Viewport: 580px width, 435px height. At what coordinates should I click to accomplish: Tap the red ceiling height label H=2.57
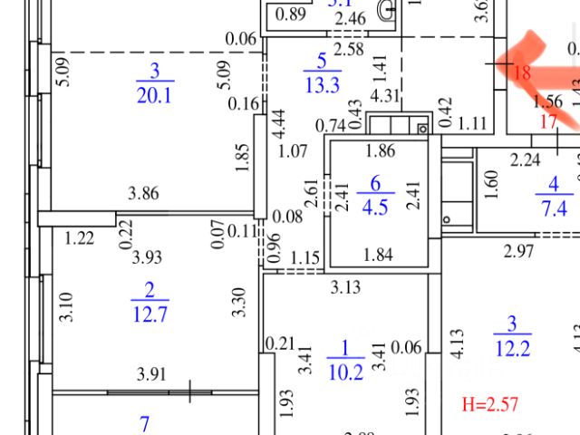click(490, 400)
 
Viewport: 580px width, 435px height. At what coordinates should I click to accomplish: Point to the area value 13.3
click(322, 84)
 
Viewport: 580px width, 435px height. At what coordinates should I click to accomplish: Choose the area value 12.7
click(143, 315)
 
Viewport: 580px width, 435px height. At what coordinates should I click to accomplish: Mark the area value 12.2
click(511, 349)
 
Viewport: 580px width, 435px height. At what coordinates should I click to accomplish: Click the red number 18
click(521, 74)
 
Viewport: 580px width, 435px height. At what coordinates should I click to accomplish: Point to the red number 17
click(548, 120)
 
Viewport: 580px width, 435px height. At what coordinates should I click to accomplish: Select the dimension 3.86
click(144, 192)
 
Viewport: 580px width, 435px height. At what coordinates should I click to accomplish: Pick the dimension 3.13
click(345, 288)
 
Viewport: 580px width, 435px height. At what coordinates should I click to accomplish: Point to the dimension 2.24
click(526, 160)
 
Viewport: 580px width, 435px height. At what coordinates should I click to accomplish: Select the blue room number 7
click(144, 423)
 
